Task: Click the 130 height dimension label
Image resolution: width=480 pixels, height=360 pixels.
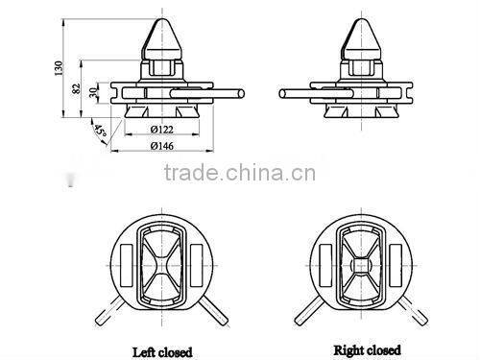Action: click(59, 68)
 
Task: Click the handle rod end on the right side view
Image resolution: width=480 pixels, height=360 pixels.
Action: click(282, 94)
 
